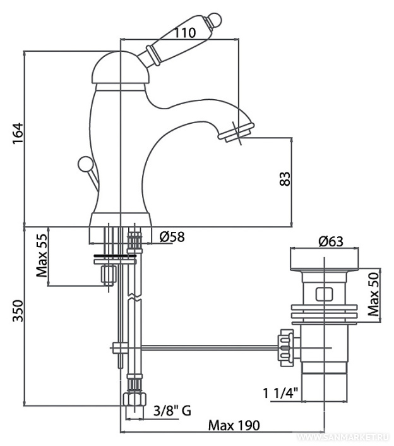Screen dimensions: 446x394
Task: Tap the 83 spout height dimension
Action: coord(285,179)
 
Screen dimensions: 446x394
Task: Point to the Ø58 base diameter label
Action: coord(172,238)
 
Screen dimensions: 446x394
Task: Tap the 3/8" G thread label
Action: coord(172,411)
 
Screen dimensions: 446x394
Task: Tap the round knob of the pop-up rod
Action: coord(83,166)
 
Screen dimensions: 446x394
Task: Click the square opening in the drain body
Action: coord(324,294)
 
